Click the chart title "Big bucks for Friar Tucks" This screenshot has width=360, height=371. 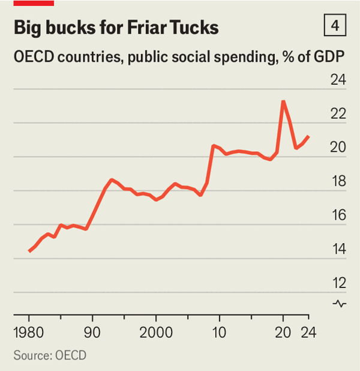point(116,28)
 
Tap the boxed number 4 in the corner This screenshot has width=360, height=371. point(334,26)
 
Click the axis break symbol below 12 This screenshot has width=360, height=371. point(339,304)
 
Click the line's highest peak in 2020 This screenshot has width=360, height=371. point(283,101)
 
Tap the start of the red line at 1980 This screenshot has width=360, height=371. point(29,251)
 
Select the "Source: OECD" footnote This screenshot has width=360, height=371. point(50,355)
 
